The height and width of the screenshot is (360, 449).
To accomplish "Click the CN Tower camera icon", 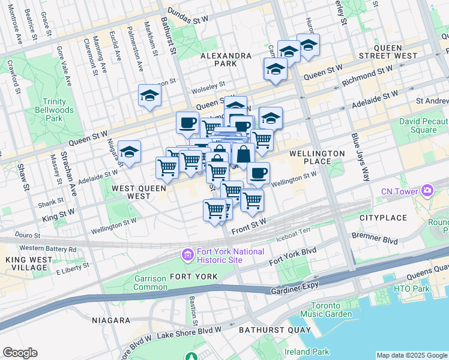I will [x=427, y=191].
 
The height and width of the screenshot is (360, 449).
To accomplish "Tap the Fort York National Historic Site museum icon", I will [x=187, y=256].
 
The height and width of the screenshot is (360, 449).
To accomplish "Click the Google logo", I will [x=20, y=353].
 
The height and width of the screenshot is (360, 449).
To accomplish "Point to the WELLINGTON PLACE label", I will [x=317, y=157].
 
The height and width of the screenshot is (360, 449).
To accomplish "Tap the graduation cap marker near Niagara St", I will [x=129, y=153].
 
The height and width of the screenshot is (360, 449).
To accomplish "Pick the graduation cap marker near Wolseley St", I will [x=149, y=95].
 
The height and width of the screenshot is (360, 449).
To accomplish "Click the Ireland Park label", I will [x=307, y=352].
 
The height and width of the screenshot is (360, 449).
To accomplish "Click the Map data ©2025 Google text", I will [x=411, y=355].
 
